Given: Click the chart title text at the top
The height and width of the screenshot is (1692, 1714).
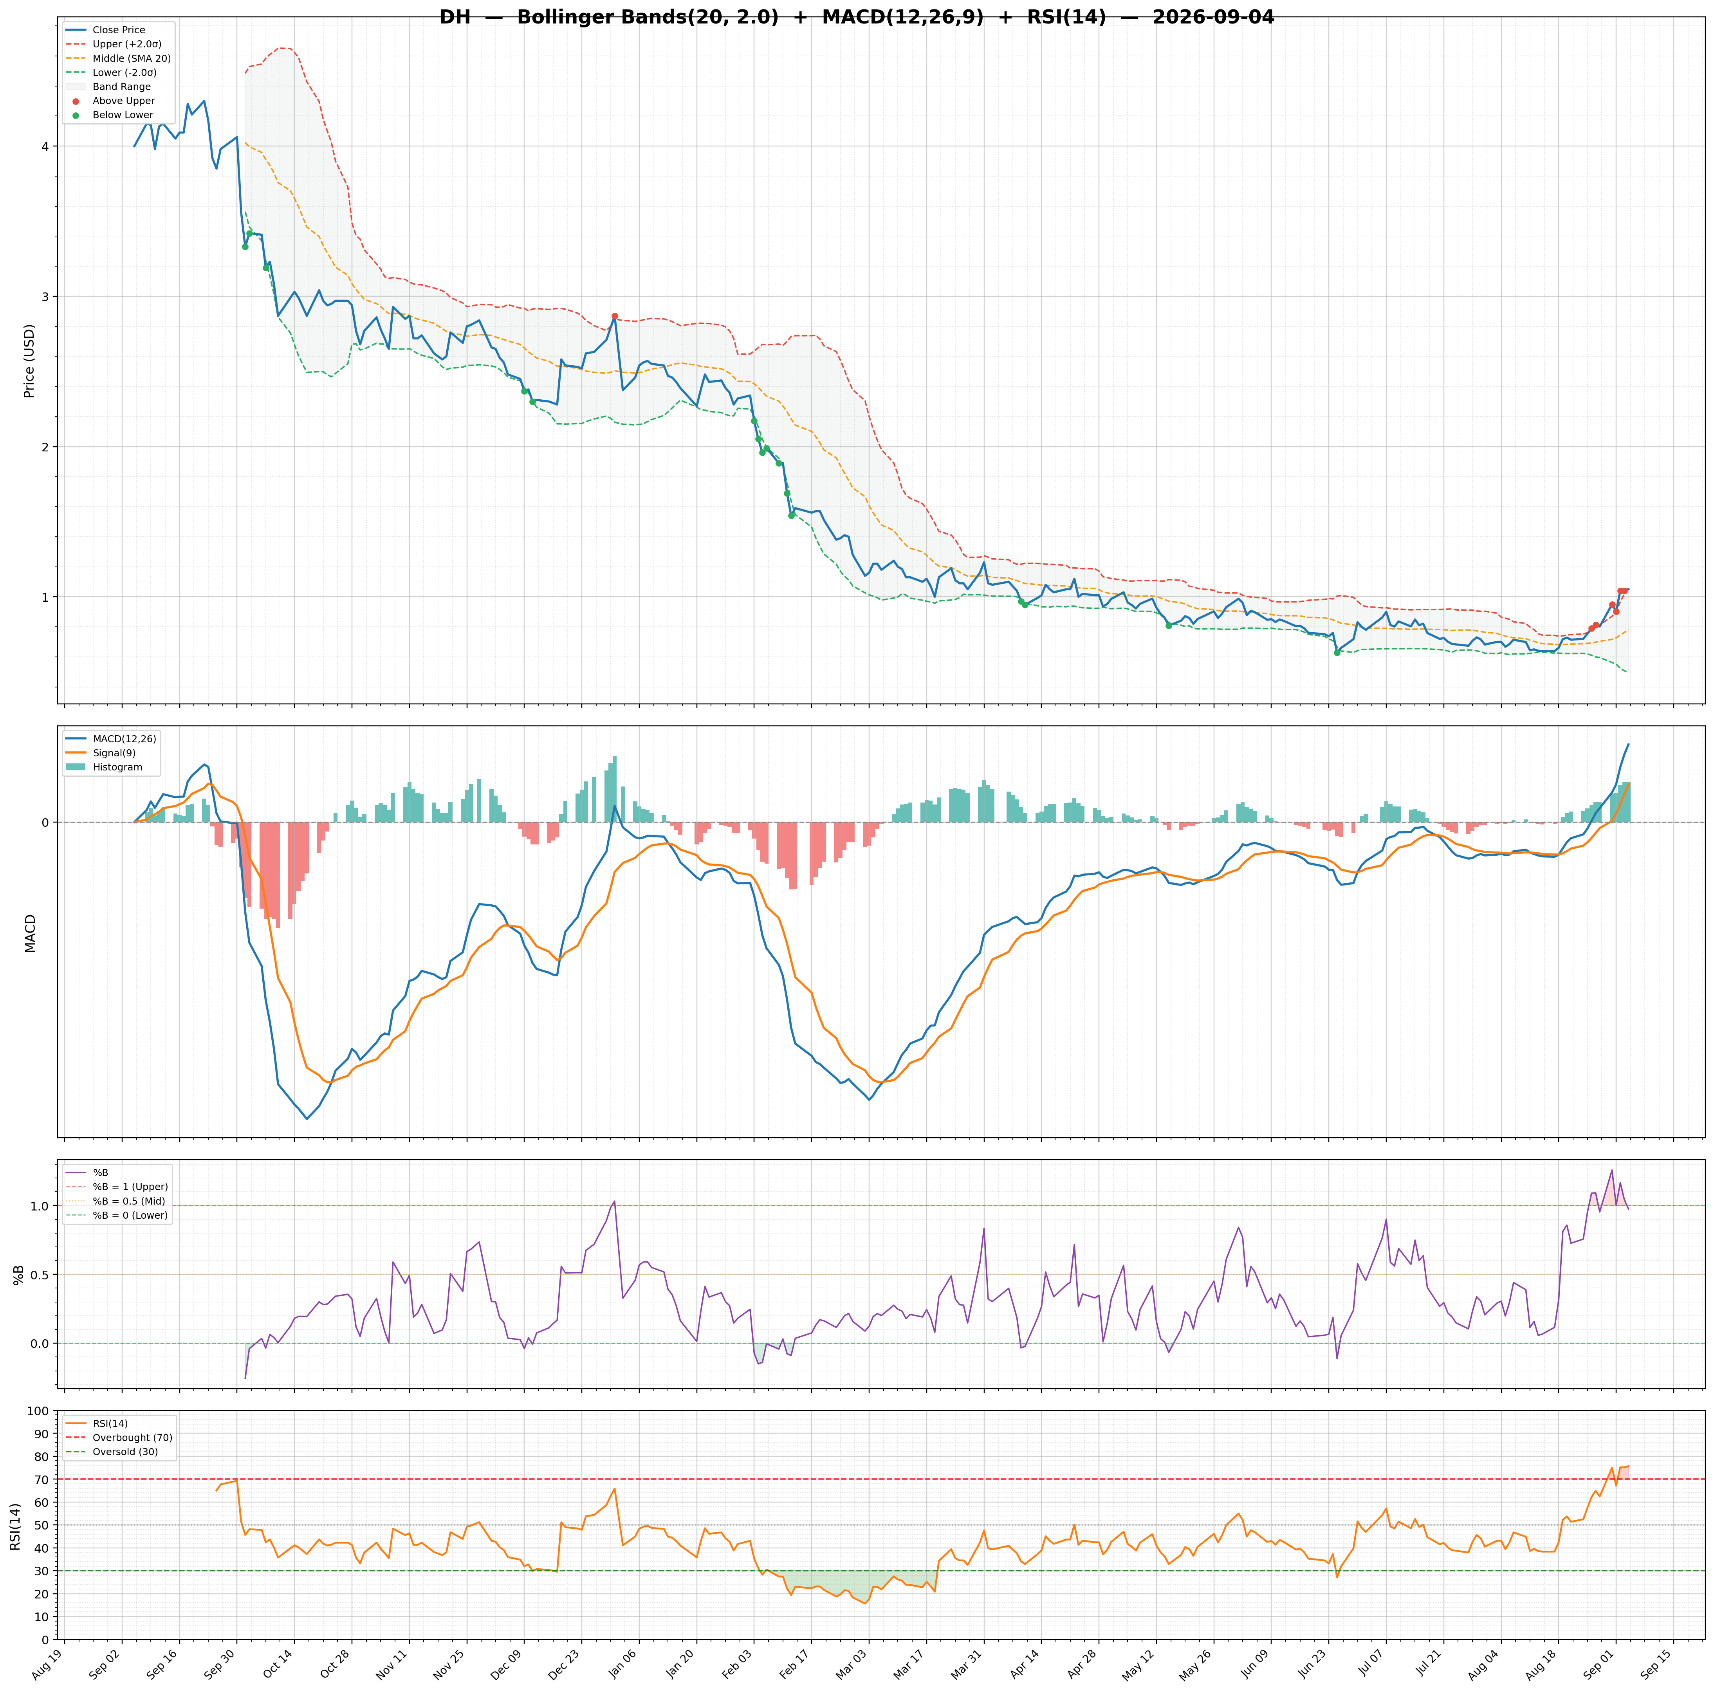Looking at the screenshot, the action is pyautogui.click(x=856, y=17).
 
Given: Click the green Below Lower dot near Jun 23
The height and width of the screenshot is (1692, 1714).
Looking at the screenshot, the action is pyautogui.click(x=1337, y=652).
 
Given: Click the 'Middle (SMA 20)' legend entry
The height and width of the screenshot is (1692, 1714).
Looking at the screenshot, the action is pyautogui.click(x=131, y=59).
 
